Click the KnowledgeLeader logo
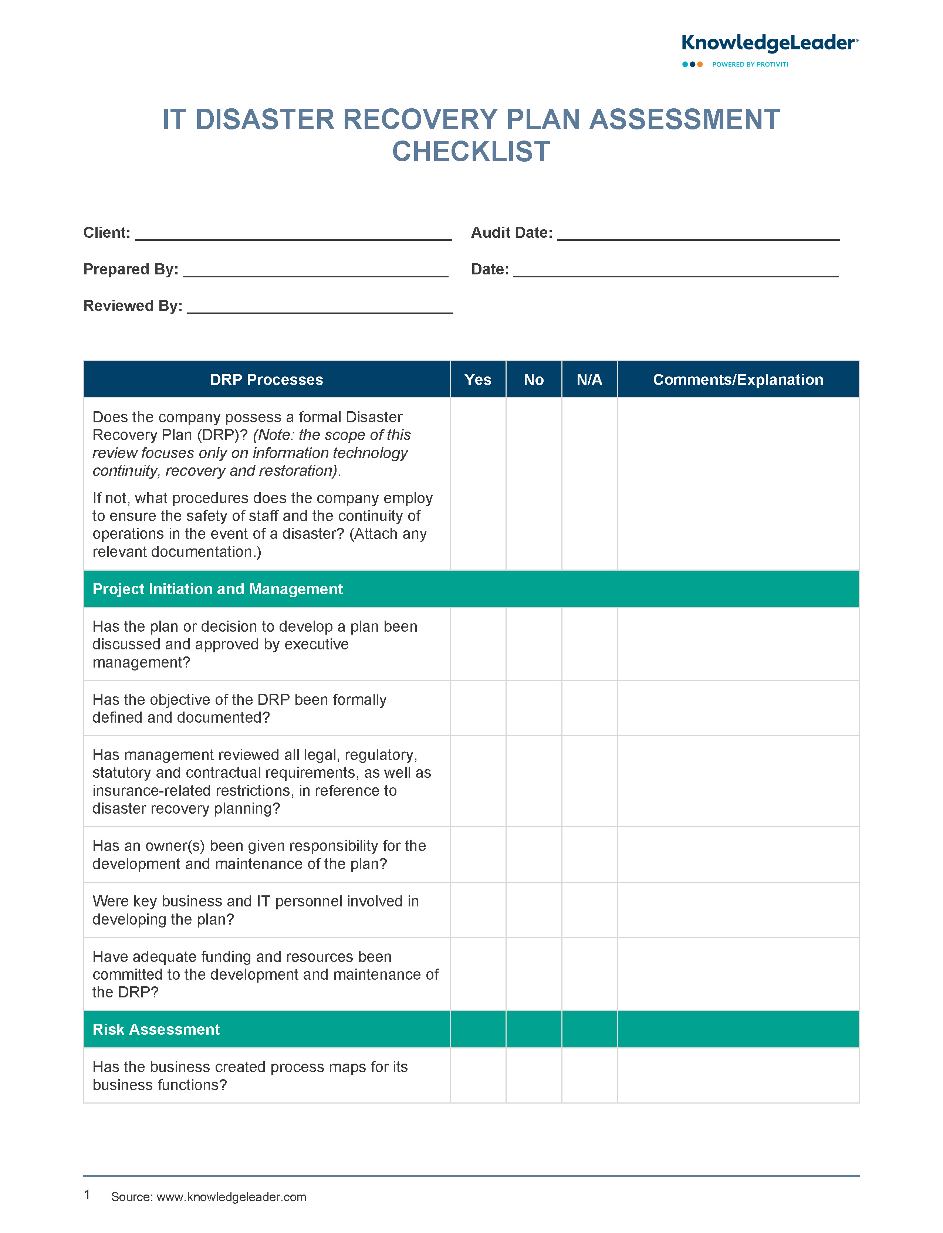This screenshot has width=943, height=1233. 769,43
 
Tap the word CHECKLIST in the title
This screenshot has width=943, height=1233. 471,152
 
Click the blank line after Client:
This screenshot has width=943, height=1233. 294,234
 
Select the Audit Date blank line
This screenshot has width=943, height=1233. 698,234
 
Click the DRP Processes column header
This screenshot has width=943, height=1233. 267,380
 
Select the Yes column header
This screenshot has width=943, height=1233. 478,380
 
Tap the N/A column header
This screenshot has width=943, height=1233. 589,380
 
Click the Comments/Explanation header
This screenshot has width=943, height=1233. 738,380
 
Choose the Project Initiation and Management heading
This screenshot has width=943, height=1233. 218,589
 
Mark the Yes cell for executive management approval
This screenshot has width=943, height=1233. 478,644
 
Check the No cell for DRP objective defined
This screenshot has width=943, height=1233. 534,708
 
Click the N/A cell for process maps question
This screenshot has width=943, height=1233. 589,1076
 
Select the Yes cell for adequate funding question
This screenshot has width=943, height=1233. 478,974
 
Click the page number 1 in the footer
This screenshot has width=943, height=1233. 87,1195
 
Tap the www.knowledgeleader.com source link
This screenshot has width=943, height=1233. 231,1197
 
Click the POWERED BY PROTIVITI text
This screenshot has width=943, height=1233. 750,65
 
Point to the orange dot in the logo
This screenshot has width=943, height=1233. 700,65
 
